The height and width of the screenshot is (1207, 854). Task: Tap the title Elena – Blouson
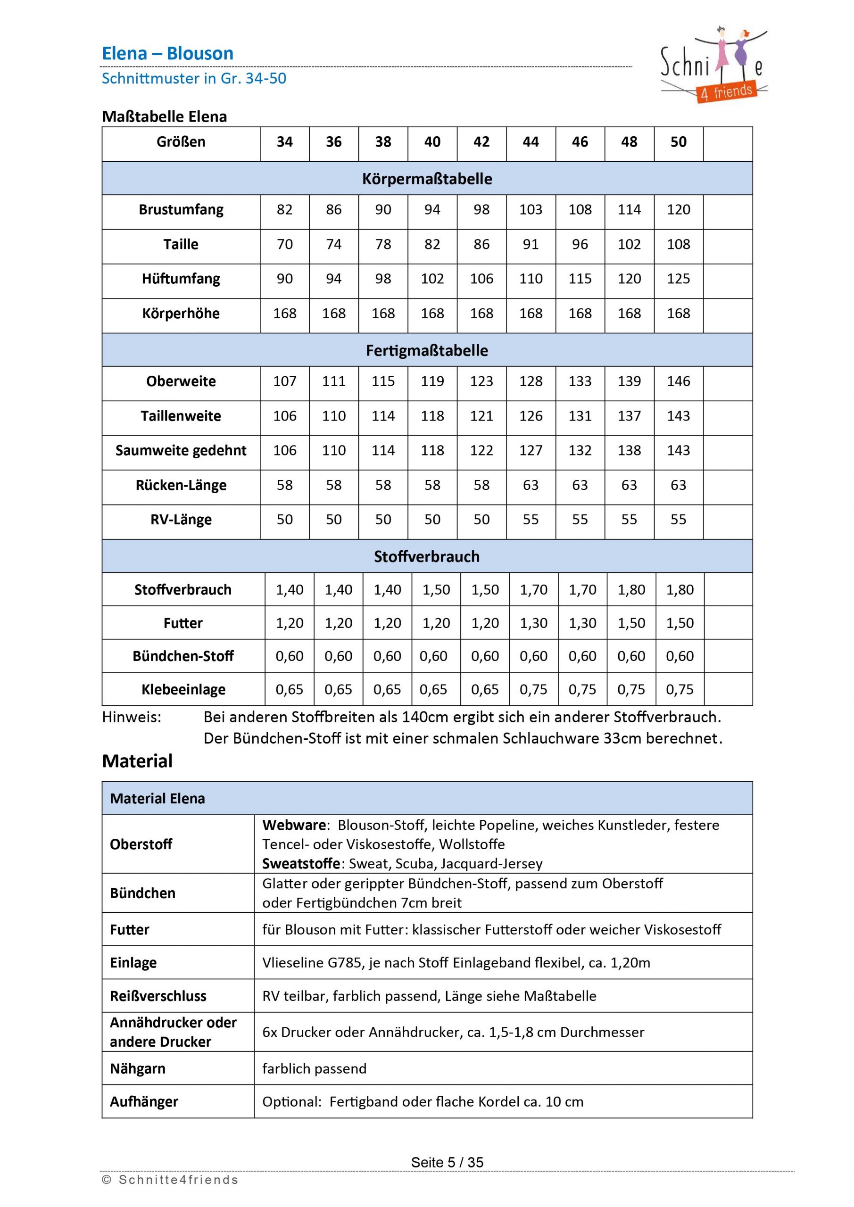(167, 53)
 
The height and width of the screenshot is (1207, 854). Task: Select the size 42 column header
(481, 142)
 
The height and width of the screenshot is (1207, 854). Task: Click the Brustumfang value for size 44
(531, 210)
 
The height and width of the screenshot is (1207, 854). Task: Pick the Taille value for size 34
(284, 244)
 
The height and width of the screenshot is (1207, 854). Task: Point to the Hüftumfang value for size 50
(679, 279)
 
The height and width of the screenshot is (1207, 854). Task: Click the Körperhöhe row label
(181, 314)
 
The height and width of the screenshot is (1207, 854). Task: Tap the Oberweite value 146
(679, 381)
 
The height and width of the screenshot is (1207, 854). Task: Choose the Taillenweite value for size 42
(481, 416)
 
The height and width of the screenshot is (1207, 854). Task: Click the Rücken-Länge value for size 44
(531, 485)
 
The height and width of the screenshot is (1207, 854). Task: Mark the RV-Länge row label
(181, 520)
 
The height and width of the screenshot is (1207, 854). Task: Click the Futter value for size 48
(631, 623)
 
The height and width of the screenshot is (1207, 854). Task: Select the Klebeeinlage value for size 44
(533, 689)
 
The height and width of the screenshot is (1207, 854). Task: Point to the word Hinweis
(132, 717)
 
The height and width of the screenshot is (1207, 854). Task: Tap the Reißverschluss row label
(158, 996)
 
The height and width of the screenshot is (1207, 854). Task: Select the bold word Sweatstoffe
(301, 864)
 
